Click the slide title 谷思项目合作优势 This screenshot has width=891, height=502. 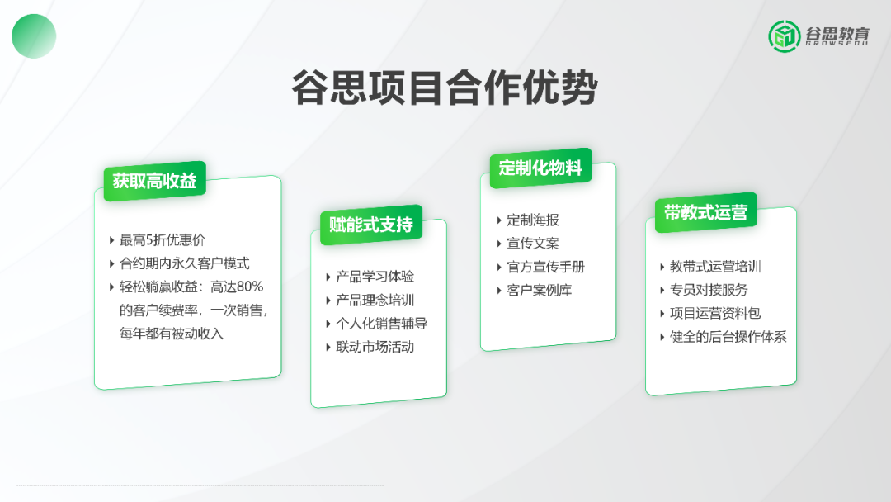[445, 88]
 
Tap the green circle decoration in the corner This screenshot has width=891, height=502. [34, 36]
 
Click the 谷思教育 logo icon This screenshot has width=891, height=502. [785, 36]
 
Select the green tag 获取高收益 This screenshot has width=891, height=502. [154, 181]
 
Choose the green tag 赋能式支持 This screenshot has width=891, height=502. [371, 225]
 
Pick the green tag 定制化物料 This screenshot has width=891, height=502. [540, 168]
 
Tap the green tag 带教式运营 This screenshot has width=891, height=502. [705, 213]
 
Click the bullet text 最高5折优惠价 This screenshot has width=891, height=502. [162, 240]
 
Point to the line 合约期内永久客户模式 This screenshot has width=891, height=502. [184, 263]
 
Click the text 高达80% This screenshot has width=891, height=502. [237, 287]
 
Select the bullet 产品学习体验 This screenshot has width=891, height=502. [375, 277]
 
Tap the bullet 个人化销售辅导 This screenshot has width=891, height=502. [381, 324]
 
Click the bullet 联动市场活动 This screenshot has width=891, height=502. [375, 347]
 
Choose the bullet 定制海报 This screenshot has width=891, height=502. [533, 220]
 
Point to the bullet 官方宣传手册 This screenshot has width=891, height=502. [546, 267]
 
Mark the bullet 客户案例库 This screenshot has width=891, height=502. [540, 290]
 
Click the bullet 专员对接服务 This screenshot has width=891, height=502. [709, 290]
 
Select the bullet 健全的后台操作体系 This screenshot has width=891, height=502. [728, 337]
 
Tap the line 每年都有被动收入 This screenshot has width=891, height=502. [171, 334]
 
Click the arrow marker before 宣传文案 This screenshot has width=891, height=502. [499, 244]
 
